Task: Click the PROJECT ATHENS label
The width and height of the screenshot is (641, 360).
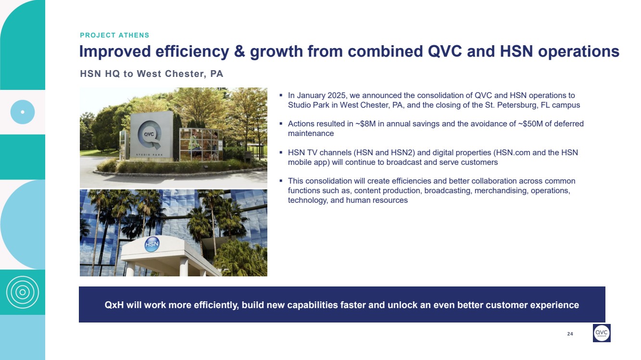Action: click(114, 35)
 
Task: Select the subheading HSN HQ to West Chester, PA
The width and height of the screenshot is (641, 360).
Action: click(151, 74)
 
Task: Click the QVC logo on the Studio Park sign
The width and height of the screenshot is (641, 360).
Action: click(149, 134)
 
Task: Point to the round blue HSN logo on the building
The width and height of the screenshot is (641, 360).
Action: click(152, 244)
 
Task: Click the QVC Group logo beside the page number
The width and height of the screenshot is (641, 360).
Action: click(602, 333)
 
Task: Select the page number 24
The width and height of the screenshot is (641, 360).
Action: click(570, 334)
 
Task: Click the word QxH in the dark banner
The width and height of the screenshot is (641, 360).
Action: click(114, 305)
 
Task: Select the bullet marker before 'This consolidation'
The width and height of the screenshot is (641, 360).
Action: click(281, 181)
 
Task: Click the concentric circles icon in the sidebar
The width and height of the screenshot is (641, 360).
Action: click(22, 292)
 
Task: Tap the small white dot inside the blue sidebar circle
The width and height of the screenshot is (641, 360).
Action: click(23, 112)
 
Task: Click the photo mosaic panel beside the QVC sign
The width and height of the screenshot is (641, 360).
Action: click(201, 145)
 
